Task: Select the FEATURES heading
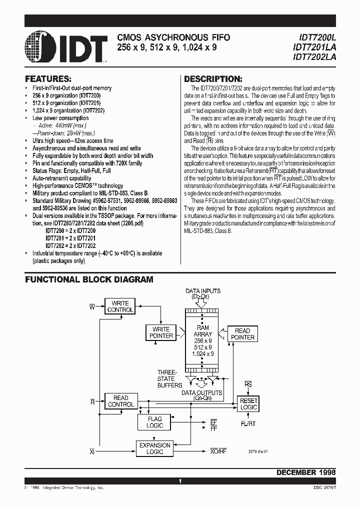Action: tap(48, 79)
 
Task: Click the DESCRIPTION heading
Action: tap(213, 79)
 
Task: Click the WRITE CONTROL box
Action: tap(120, 306)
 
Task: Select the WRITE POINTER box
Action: tap(161, 332)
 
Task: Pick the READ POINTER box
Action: tap(242, 334)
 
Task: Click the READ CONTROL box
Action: tap(121, 401)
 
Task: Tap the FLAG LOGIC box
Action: tap(154, 422)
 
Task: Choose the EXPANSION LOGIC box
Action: tap(154, 448)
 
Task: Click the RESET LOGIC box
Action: tap(248, 404)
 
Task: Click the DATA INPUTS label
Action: tap(203, 291)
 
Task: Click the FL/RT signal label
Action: tap(248, 424)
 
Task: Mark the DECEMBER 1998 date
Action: tap(305, 472)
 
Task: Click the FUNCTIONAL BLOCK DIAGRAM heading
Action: tap(89, 279)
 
